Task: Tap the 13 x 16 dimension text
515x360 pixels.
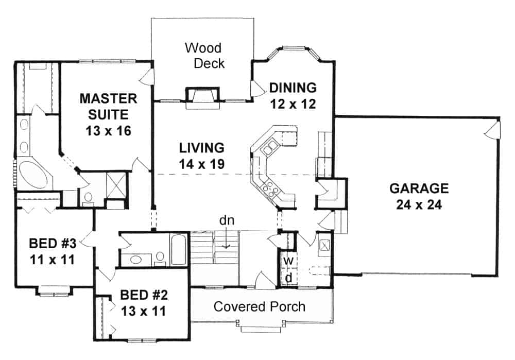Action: click(108, 130)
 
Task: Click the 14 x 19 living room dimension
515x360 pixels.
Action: click(201, 165)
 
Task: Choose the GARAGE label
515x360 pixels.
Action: click(419, 188)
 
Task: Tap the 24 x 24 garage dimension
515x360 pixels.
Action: click(419, 205)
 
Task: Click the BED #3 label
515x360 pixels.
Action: click(52, 242)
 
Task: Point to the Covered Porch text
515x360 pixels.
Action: click(259, 307)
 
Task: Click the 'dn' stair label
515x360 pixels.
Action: click(225, 221)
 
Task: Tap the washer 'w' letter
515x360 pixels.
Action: click(289, 261)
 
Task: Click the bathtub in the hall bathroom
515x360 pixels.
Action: click(178, 250)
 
